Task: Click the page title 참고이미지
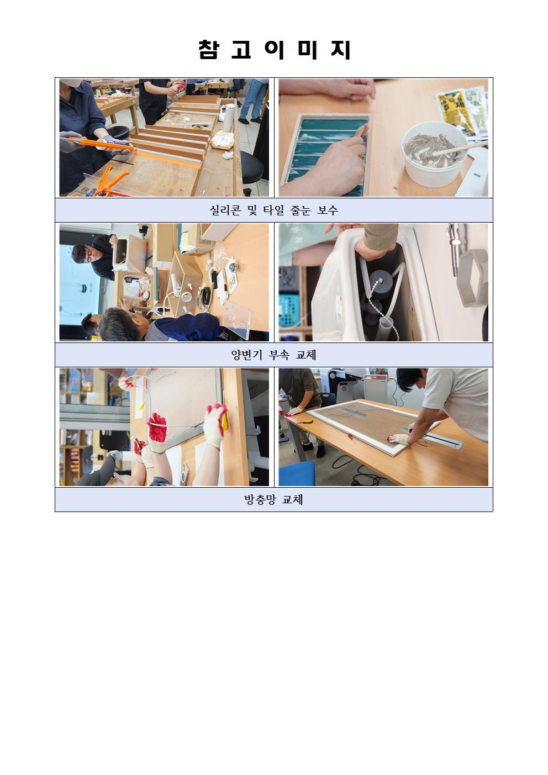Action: tap(275, 50)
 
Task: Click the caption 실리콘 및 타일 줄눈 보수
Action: tap(273, 210)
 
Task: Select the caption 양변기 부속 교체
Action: tap(273, 355)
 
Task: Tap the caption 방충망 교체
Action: tap(273, 499)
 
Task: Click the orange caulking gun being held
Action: tap(101, 145)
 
